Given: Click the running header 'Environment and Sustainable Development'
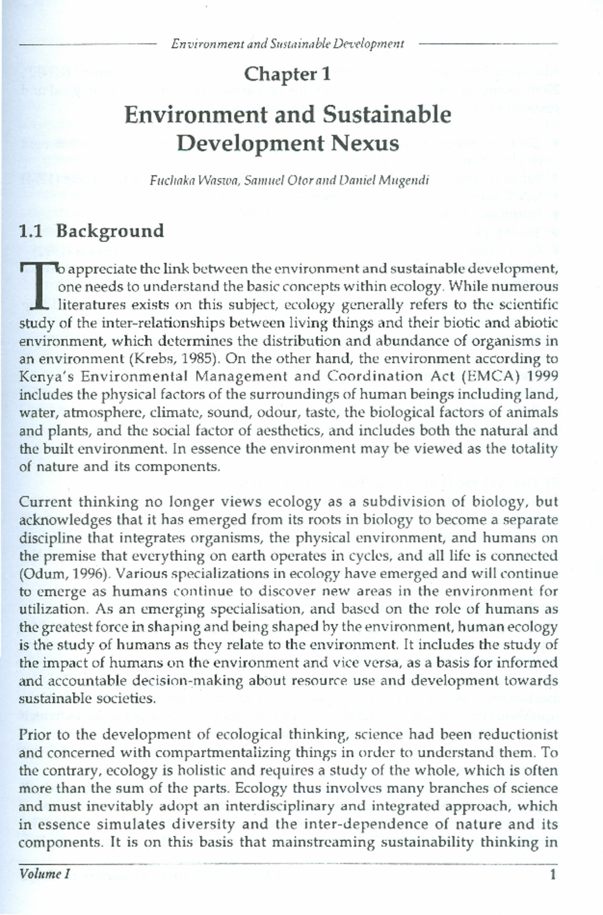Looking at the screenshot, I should pos(287,44).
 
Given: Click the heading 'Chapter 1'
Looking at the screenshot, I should pos(287,74).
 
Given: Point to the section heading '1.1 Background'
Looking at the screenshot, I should pos(91,231).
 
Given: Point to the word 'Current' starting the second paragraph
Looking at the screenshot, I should pos(46,502).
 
